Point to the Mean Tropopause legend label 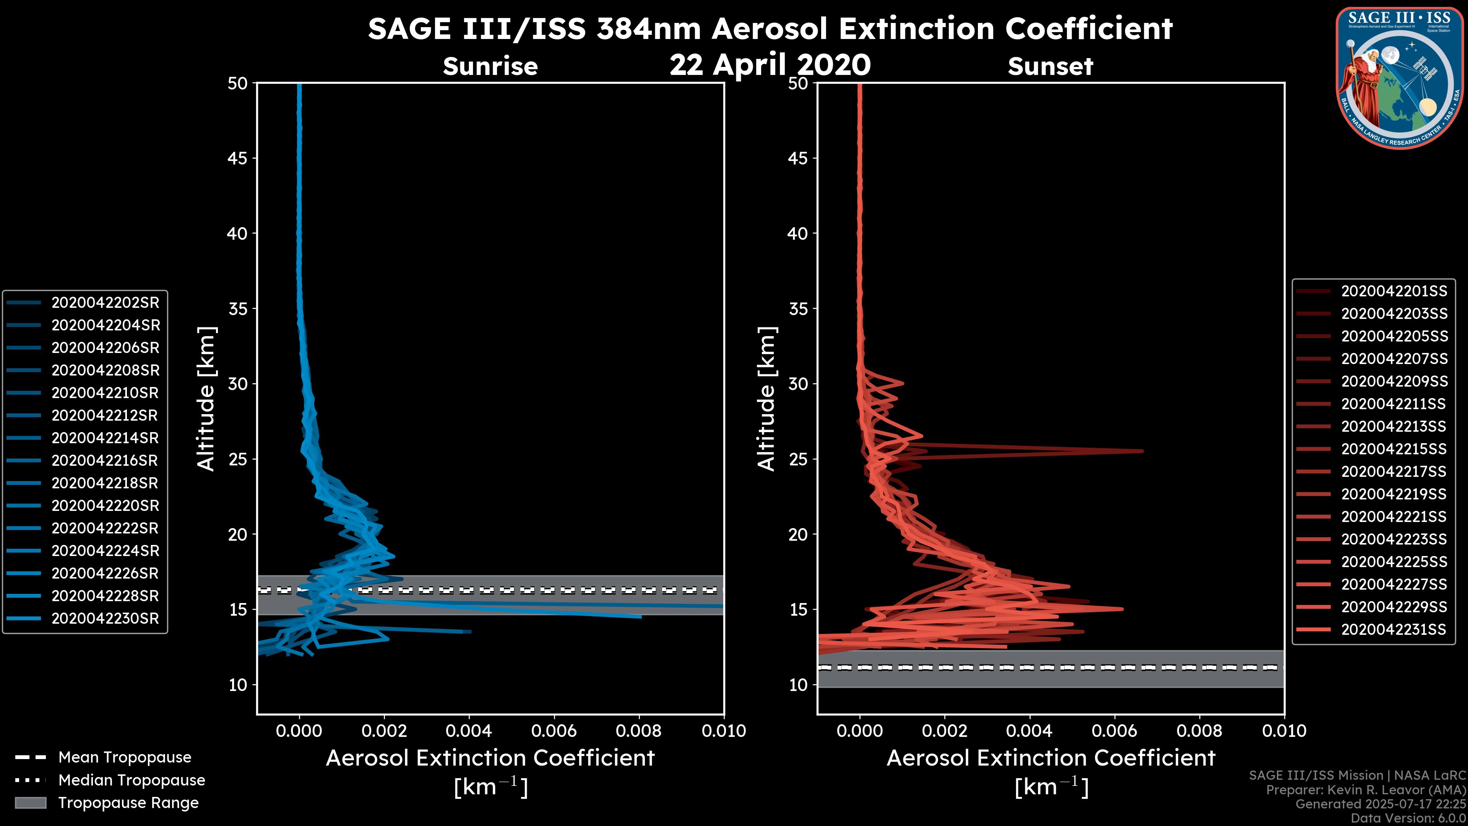125,757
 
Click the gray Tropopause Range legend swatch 30,803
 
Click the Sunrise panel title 490,66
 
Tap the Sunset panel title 1050,66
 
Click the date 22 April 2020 770,64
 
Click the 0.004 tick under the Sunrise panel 469,731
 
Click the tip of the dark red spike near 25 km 1143,451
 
